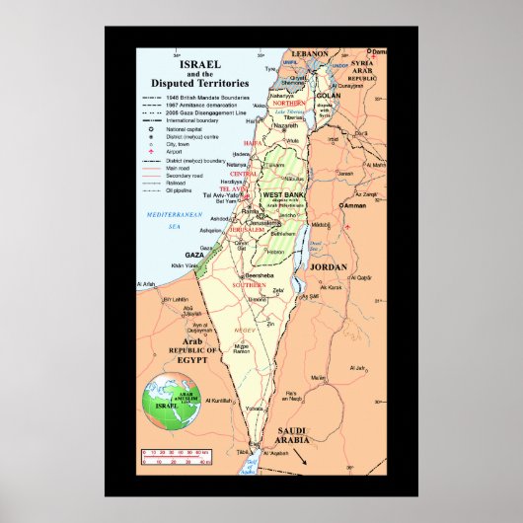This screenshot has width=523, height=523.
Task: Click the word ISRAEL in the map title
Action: tap(193, 62)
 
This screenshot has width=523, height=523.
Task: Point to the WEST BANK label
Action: tap(281, 195)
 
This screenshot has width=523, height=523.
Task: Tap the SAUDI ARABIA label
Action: tap(299, 435)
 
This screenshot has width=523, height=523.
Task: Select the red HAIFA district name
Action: tap(255, 142)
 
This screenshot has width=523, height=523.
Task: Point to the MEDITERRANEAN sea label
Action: tap(169, 214)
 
